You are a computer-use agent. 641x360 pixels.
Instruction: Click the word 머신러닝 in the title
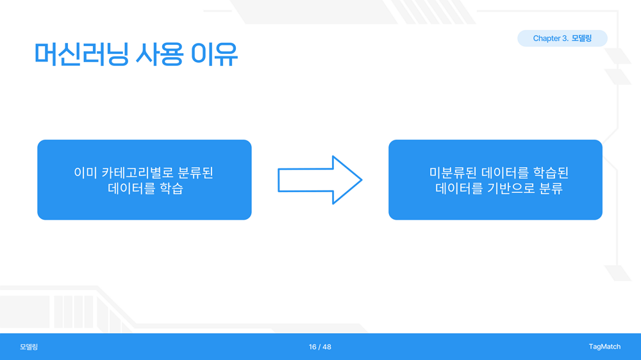(81, 54)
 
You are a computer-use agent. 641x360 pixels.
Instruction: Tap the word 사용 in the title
(159, 54)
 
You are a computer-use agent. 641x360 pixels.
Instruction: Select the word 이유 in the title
(214, 54)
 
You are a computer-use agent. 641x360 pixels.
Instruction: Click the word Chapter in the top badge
(546, 38)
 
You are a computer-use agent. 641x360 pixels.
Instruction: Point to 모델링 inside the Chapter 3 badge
(581, 38)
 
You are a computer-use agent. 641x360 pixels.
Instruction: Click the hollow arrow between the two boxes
(320, 180)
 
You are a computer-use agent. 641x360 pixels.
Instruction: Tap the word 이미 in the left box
(85, 173)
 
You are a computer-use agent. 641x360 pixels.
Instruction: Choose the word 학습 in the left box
(171, 188)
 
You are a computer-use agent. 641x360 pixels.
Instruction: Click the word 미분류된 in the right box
(453, 173)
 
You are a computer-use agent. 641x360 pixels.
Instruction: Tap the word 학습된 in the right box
(551, 173)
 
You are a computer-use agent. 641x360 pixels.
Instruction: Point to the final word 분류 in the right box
(551, 188)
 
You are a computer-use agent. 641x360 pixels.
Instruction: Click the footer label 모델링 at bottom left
(29, 347)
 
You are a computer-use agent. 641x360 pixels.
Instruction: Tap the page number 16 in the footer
(312, 347)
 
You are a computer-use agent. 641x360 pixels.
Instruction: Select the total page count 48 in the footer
(327, 347)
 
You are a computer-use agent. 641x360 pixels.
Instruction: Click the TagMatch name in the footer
(604, 347)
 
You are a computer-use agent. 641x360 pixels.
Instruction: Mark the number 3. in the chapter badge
(565, 38)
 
